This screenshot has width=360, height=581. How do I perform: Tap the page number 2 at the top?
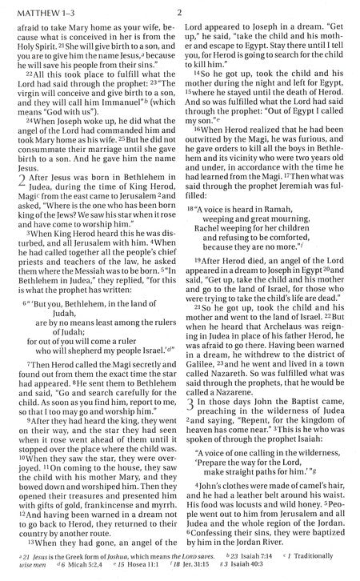pyautogui.click(x=180, y=12)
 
